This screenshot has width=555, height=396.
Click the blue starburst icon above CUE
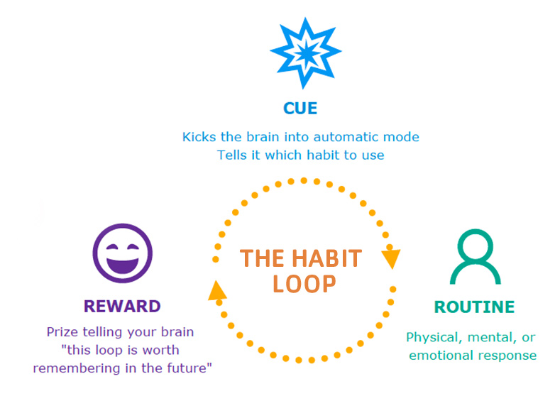[x=305, y=53]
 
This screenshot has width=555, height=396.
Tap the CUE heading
[x=300, y=109]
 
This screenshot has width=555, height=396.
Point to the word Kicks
[x=199, y=137]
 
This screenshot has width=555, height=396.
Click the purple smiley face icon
[x=123, y=253]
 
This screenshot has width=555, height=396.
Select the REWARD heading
[x=122, y=307]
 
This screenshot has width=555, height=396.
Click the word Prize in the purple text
[x=62, y=332]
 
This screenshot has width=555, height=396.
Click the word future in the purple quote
[x=188, y=368]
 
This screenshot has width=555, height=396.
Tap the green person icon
[x=476, y=257]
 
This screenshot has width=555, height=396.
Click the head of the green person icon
[x=476, y=245]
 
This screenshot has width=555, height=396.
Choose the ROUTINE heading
[x=474, y=307]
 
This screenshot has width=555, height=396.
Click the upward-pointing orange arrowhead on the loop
[x=217, y=290]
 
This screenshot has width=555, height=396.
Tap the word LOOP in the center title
[x=304, y=284]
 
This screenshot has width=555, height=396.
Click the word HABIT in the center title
[x=326, y=258]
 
